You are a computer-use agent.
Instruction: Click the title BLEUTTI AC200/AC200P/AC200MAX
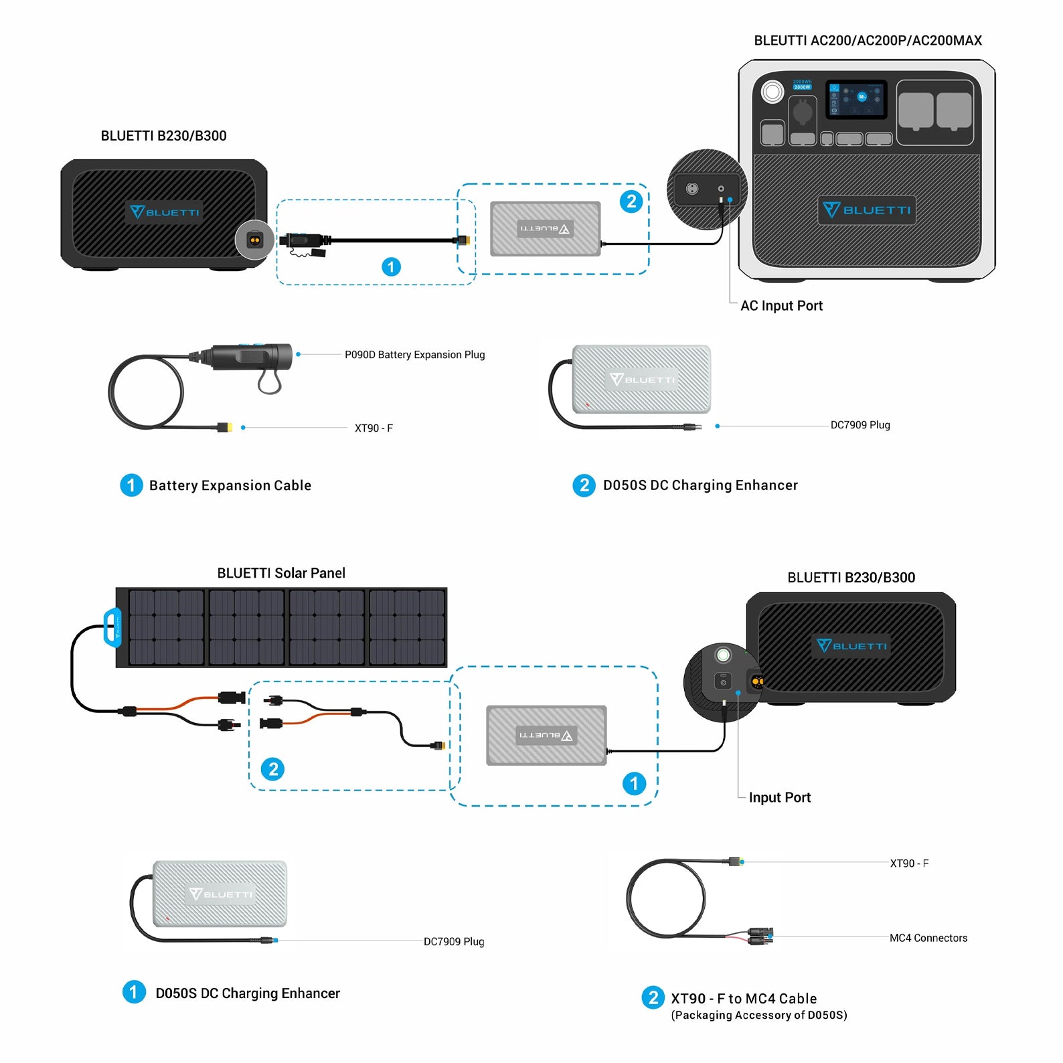click(x=868, y=41)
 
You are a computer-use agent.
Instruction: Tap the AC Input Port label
click(x=781, y=306)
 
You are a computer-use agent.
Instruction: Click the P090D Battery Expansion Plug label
click(x=414, y=355)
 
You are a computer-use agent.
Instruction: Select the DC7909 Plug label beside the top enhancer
click(x=860, y=425)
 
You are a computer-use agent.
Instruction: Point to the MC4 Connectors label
click(x=928, y=938)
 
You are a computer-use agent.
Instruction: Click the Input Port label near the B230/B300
click(x=779, y=798)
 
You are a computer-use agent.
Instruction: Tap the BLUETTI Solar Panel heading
click(x=281, y=574)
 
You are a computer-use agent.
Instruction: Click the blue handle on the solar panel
click(x=112, y=628)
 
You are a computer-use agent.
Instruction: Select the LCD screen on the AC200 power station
click(x=856, y=99)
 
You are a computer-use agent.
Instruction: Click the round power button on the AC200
click(x=772, y=92)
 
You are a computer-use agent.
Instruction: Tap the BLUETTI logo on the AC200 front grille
click(x=866, y=210)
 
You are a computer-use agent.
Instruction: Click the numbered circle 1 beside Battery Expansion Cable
click(x=131, y=485)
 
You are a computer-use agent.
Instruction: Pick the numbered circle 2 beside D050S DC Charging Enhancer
click(x=584, y=485)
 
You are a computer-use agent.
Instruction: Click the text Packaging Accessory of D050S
click(x=759, y=1015)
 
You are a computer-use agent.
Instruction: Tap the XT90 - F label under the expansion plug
click(x=374, y=428)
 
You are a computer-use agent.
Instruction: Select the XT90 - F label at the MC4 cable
click(x=908, y=864)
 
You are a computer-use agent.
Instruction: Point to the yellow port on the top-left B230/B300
click(x=255, y=240)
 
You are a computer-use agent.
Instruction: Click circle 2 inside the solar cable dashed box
click(x=273, y=769)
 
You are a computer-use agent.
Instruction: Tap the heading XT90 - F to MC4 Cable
click(x=744, y=999)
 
